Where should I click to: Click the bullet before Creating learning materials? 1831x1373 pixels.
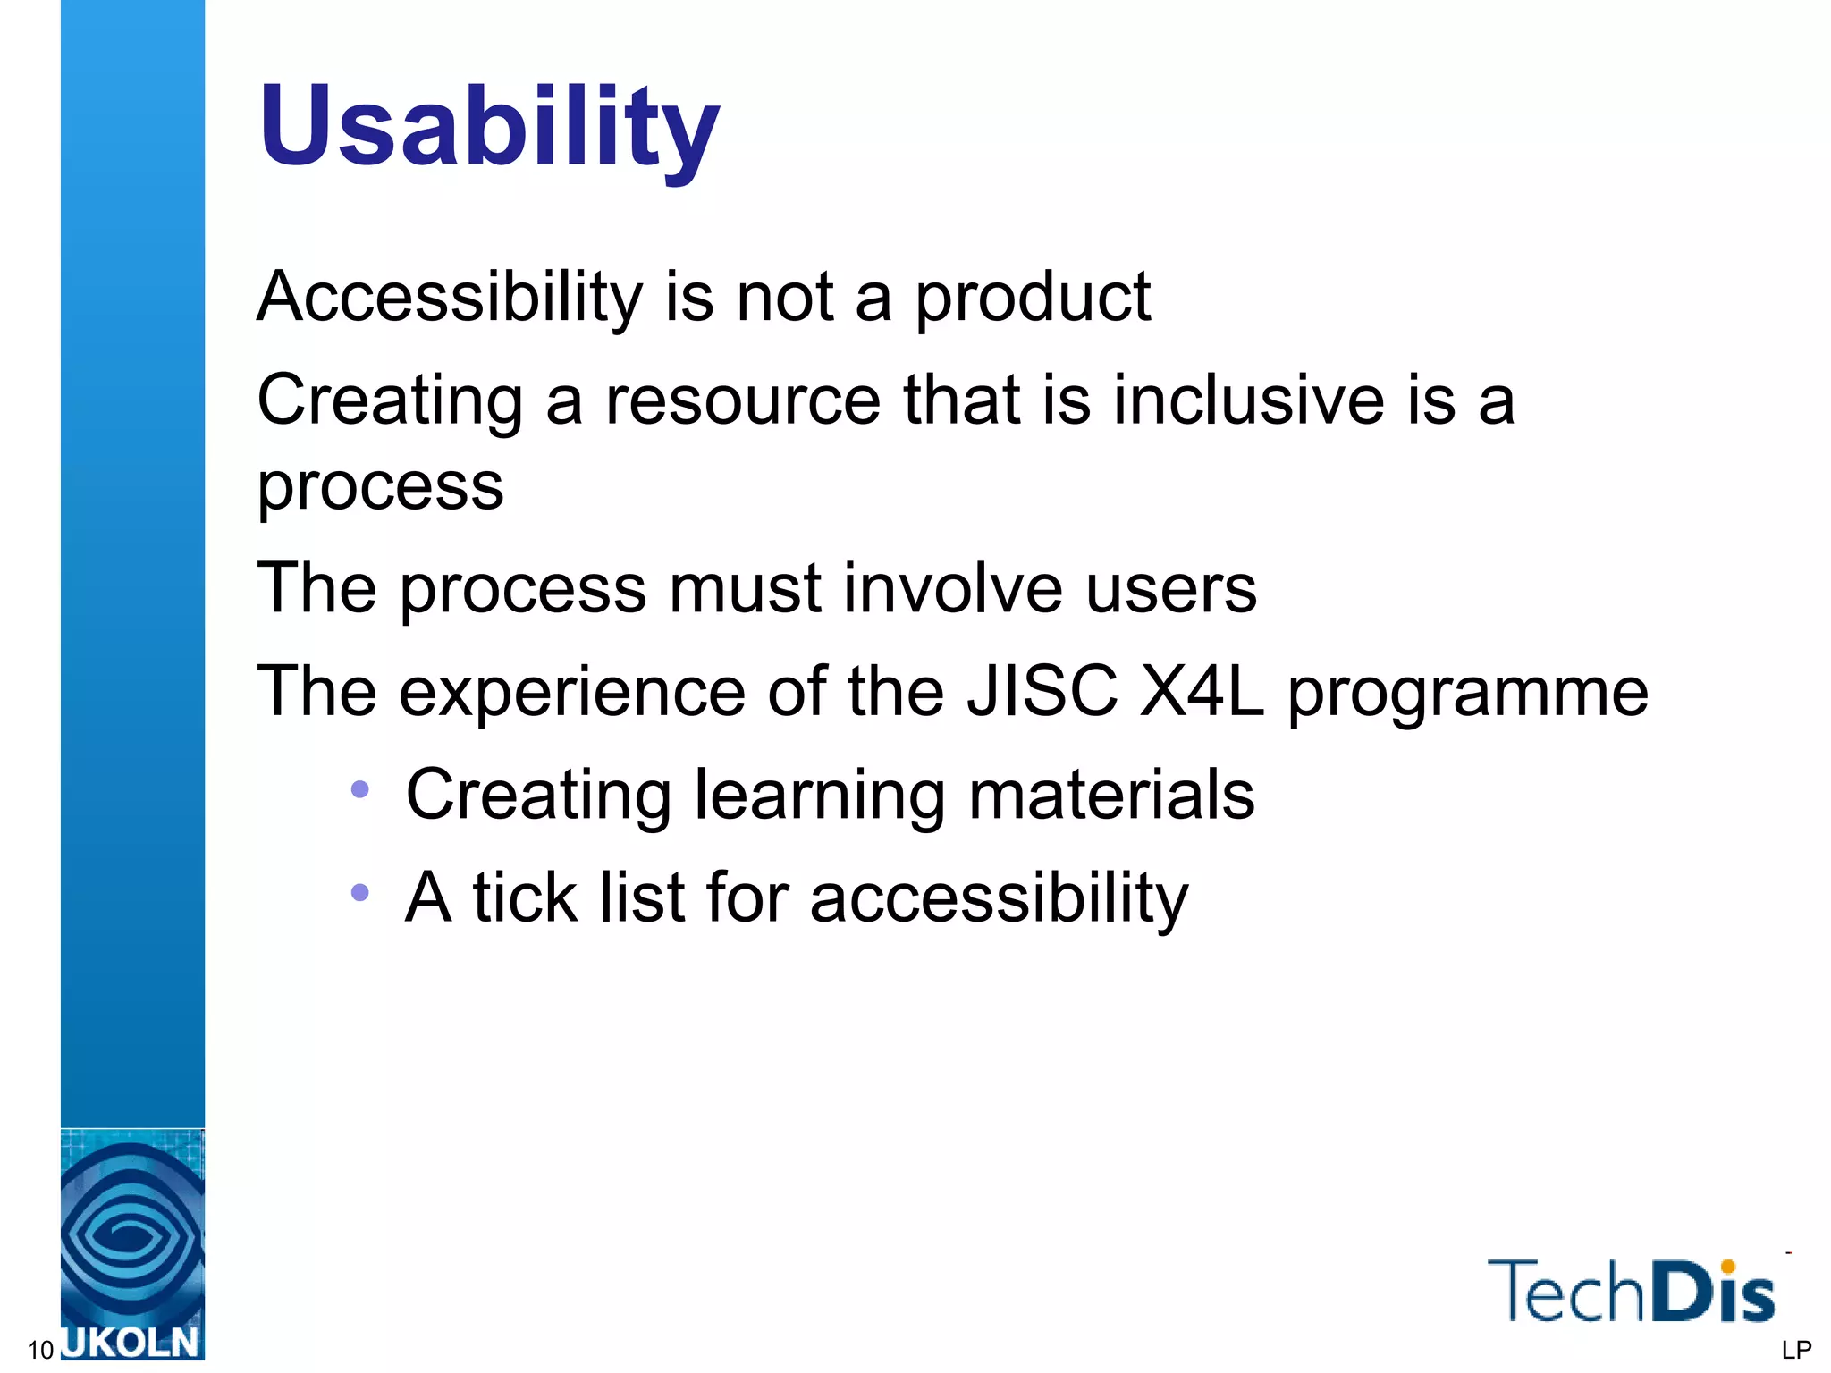pyautogui.click(x=360, y=789)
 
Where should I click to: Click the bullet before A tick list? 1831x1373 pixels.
pyautogui.click(x=360, y=892)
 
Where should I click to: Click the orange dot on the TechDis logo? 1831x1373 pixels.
pyautogui.click(x=1727, y=1266)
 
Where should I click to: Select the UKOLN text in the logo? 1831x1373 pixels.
pyautogui.click(x=132, y=1343)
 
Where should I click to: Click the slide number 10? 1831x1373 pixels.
pyautogui.click(x=40, y=1350)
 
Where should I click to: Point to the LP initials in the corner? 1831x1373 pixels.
pyautogui.click(x=1795, y=1350)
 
